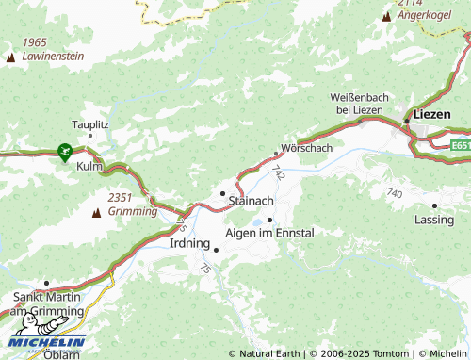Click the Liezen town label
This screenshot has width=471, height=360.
click(x=433, y=114)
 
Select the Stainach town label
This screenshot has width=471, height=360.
click(x=252, y=201)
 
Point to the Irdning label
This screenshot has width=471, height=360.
click(x=189, y=242)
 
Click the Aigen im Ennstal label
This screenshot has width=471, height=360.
click(x=269, y=232)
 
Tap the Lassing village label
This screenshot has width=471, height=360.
click(x=433, y=219)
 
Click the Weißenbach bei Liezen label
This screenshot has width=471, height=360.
click(x=356, y=104)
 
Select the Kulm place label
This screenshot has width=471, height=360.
click(x=89, y=167)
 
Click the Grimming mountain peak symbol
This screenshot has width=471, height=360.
click(x=95, y=213)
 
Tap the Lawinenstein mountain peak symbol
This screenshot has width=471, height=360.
click(x=11, y=57)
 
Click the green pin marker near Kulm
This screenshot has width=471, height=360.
click(x=64, y=150)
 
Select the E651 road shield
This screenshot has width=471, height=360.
click(x=460, y=146)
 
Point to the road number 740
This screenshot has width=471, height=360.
click(x=394, y=193)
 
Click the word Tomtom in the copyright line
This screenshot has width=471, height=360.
click(x=391, y=353)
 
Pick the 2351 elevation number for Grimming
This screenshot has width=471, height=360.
click(x=119, y=197)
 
